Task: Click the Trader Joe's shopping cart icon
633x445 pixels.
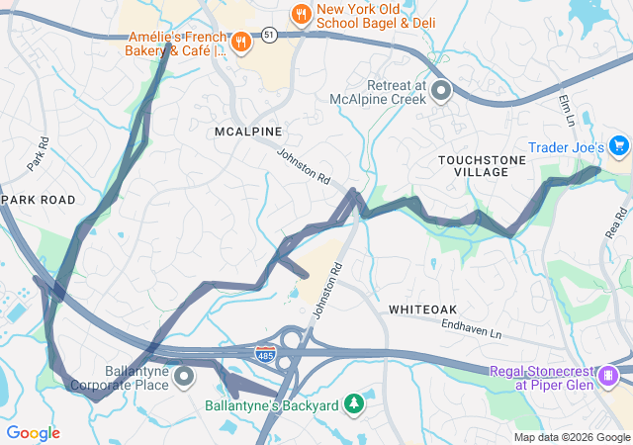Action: (x=620, y=147)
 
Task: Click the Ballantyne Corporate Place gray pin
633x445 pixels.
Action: (x=184, y=376)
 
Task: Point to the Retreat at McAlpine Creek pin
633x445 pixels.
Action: (x=441, y=92)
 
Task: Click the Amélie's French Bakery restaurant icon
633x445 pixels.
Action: (x=240, y=42)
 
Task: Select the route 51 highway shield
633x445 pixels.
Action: (x=270, y=35)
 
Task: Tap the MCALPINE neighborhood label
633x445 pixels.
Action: (x=248, y=132)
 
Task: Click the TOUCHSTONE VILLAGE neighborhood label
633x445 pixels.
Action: (x=473, y=165)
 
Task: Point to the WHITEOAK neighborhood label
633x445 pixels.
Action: (x=422, y=310)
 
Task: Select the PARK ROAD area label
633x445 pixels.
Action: (x=40, y=200)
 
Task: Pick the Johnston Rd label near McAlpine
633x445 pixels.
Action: (x=303, y=165)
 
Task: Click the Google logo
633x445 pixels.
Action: (x=33, y=433)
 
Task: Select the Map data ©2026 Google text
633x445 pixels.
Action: (x=572, y=437)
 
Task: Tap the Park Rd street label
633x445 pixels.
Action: (x=38, y=153)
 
